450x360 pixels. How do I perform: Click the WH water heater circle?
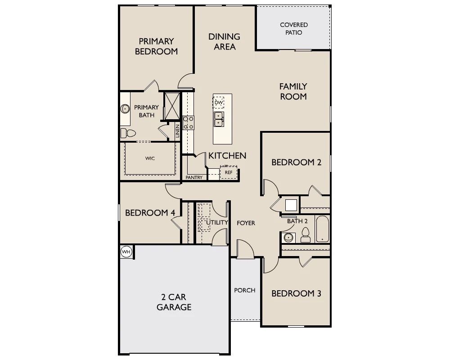(x=126, y=252)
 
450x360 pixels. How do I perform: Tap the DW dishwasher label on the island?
(x=219, y=103)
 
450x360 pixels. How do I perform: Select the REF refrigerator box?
(x=229, y=172)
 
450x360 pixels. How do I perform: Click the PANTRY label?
(x=194, y=177)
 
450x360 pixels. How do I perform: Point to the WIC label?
(x=150, y=158)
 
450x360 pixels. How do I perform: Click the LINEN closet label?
(x=177, y=131)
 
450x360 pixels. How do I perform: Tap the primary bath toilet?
(x=128, y=133)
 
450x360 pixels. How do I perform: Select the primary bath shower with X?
(x=172, y=106)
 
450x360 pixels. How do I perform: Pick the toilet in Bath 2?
(x=306, y=235)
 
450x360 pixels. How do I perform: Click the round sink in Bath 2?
(x=288, y=238)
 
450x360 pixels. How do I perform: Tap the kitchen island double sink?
(x=219, y=119)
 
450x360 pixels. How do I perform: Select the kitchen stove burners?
(x=188, y=122)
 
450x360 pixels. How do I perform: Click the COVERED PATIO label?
(x=294, y=29)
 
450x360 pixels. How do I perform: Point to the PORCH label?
(x=245, y=290)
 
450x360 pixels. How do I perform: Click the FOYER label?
(x=246, y=223)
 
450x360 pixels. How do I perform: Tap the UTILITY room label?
(x=217, y=222)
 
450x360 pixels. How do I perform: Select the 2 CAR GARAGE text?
(x=174, y=302)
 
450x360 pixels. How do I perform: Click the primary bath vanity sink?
(x=125, y=109)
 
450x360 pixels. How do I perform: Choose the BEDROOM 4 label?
(x=150, y=213)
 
